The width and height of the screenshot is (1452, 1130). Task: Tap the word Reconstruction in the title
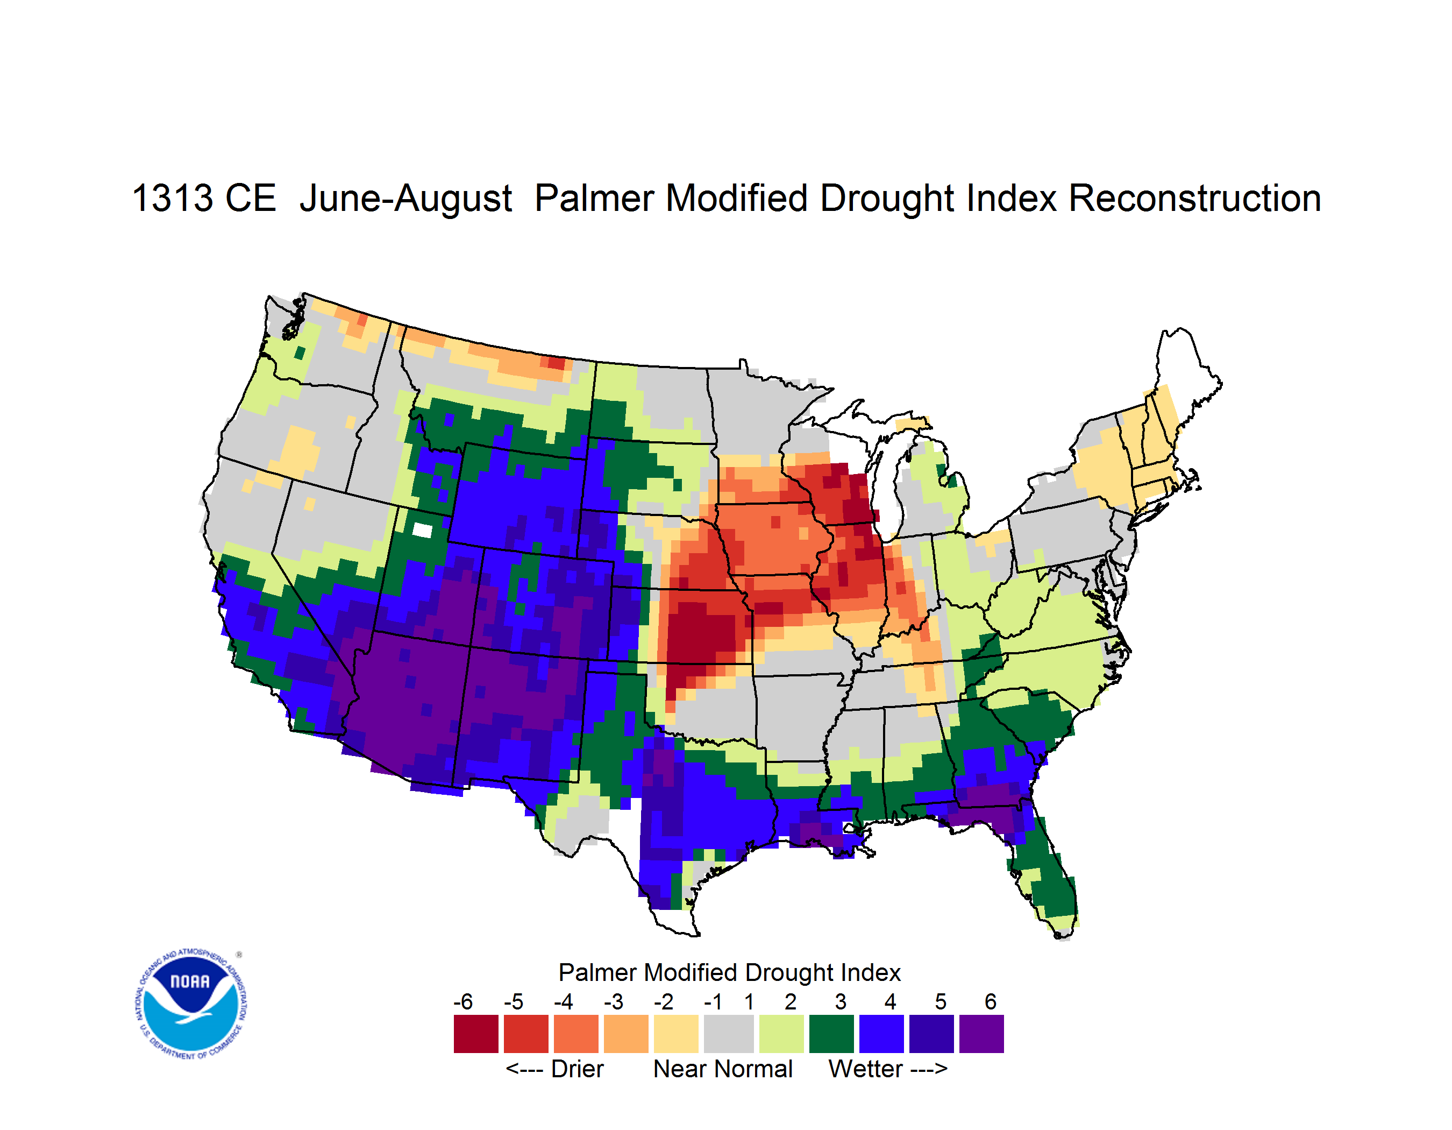[1195, 198]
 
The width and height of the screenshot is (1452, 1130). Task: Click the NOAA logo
[191, 1004]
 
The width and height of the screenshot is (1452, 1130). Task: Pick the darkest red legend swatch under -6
[476, 1034]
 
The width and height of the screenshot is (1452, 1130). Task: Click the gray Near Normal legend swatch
[729, 1034]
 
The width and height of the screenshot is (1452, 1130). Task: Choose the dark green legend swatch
[831, 1034]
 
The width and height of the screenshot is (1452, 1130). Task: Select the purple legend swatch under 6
[981, 1034]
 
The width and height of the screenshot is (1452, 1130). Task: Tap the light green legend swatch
[781, 1034]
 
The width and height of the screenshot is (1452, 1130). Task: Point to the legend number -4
[563, 1001]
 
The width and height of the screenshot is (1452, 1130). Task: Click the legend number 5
[940, 1001]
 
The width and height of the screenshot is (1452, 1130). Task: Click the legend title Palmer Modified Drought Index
[729, 972]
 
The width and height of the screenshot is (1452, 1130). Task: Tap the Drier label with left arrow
[554, 1069]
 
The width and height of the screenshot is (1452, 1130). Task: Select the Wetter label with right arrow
[887, 1069]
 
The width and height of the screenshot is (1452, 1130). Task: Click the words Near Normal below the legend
[723, 1069]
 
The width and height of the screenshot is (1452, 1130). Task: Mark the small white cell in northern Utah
[422, 530]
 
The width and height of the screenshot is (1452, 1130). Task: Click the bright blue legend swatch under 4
[881, 1034]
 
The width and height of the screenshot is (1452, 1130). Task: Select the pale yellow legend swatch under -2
[676, 1034]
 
